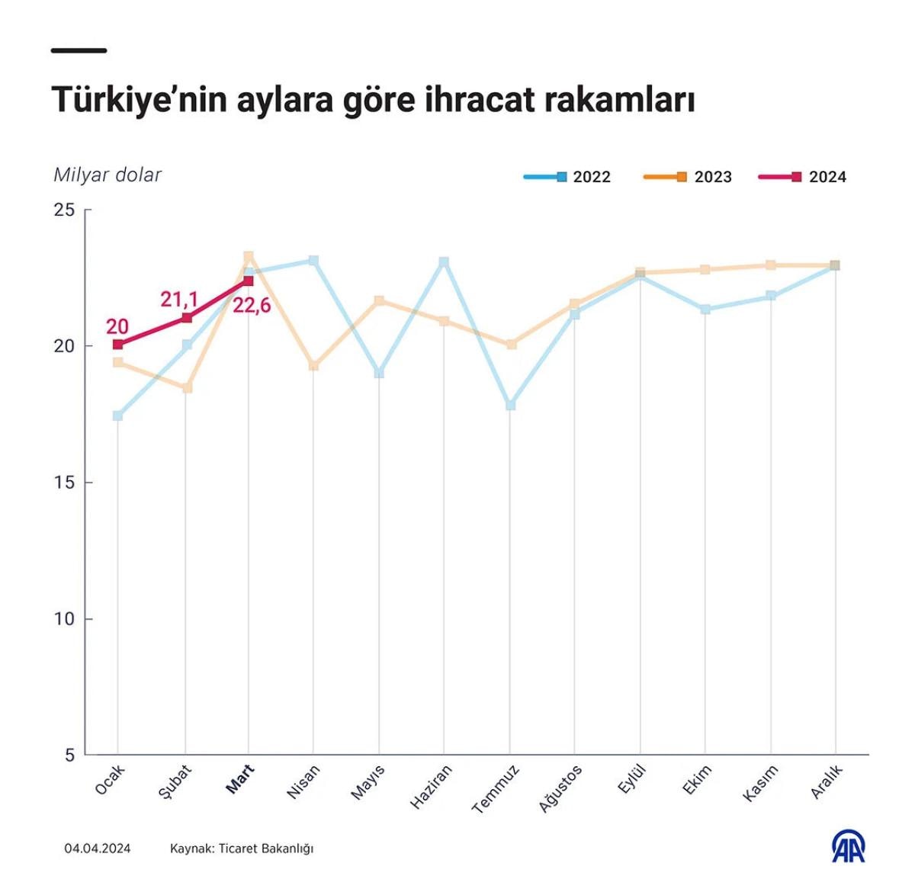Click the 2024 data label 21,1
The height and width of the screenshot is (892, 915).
point(179,300)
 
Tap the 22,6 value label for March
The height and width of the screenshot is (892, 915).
point(252,306)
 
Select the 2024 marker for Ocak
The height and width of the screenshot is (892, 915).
point(117,345)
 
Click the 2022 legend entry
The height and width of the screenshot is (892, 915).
point(568,177)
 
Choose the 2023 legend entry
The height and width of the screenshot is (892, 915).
point(689,177)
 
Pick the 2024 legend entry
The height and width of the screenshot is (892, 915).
point(803,177)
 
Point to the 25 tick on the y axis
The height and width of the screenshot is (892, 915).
point(65,210)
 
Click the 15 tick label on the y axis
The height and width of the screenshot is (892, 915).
point(65,483)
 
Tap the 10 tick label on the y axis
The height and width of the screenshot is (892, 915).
point(65,619)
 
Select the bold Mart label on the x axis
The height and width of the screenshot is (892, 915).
point(241,779)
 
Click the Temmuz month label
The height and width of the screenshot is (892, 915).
point(496,789)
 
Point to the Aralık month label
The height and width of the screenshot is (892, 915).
point(827,781)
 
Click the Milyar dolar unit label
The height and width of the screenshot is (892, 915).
point(108,175)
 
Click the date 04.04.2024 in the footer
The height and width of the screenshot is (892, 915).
point(98,848)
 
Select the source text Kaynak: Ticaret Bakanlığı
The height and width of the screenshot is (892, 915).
point(242,848)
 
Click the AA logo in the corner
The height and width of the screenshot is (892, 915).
point(849,846)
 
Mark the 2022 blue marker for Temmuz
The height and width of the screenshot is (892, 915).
point(511,405)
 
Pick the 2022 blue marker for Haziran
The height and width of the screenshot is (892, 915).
point(444,262)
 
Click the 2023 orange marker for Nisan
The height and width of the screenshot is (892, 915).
point(313,366)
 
